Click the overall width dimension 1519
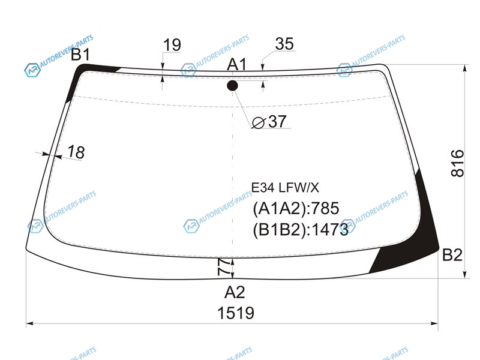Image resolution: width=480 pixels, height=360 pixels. point(236,313)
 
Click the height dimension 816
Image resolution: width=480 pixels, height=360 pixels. point(458,163)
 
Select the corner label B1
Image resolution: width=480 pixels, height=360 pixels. point(81,55)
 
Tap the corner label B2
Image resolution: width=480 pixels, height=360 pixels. point(452,255)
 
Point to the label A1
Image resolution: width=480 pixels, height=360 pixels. point(236,65)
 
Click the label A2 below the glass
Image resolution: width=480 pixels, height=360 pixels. point(235,292)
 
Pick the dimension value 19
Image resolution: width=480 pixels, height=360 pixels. point(172,45)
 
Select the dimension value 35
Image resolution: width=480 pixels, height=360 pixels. point(284,44)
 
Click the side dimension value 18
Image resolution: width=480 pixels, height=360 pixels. point(76,152)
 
